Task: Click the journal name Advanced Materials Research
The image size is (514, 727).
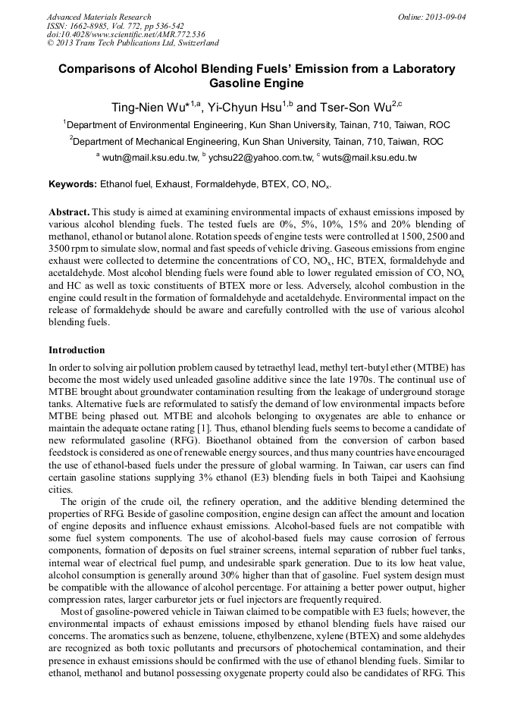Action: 99,17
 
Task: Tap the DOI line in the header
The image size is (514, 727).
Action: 126,34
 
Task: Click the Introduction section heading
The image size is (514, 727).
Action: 77,349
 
